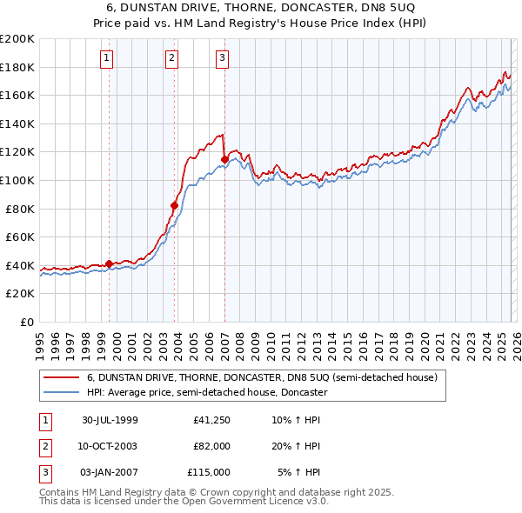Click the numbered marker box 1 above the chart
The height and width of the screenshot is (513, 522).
click(x=106, y=58)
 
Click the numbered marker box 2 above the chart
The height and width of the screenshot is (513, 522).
click(x=171, y=58)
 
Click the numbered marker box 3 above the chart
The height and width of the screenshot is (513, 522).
click(x=222, y=58)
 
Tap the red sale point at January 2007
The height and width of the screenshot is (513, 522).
click(x=224, y=159)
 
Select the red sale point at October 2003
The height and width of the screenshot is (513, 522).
click(x=175, y=206)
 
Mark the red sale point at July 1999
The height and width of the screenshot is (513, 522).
click(x=110, y=263)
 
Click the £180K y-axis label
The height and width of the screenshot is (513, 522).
click(x=18, y=67)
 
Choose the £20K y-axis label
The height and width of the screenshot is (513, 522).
click(x=21, y=294)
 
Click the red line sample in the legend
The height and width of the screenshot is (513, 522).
click(x=62, y=378)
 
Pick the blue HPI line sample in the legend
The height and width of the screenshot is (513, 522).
click(x=62, y=392)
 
